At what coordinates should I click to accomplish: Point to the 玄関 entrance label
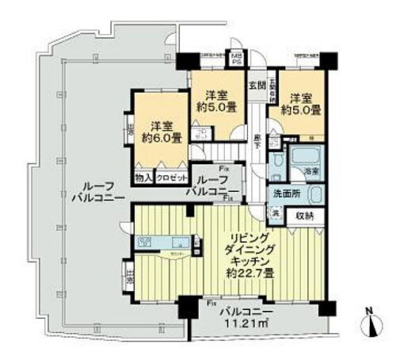[257, 86]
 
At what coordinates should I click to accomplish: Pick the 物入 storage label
[143, 178]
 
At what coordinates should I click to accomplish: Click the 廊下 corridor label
[258, 139]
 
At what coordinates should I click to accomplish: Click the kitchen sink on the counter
[148, 241]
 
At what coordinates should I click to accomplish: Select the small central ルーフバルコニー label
[209, 185]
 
